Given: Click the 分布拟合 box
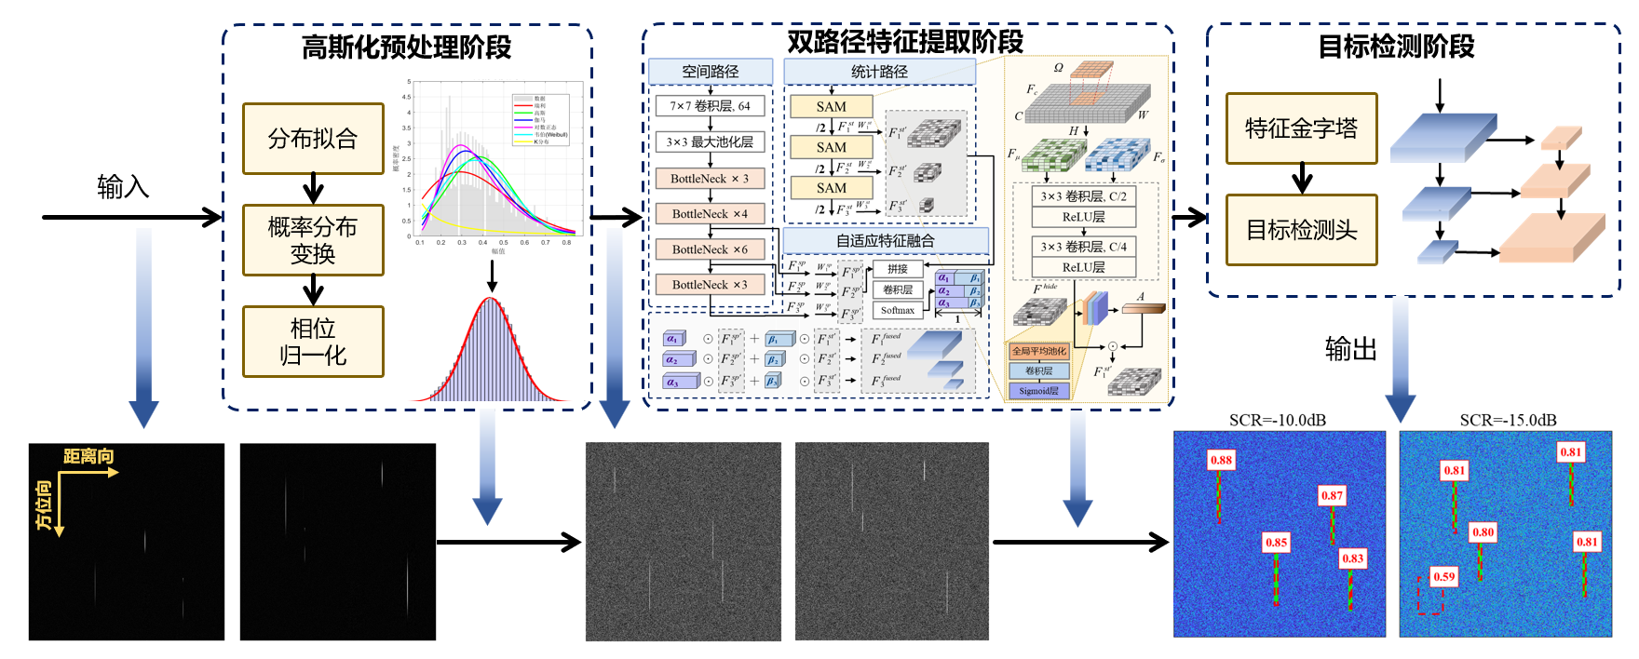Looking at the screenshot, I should (313, 139).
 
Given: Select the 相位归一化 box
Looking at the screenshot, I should (313, 342).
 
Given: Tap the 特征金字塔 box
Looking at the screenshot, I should (1301, 128).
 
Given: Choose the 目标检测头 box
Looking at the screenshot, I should (1301, 230).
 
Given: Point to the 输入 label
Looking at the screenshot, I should (123, 187).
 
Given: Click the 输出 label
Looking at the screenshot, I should (1350, 349).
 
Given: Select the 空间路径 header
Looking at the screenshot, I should (711, 72).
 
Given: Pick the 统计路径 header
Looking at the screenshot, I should (879, 72).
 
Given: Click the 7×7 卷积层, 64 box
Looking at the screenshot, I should (710, 106).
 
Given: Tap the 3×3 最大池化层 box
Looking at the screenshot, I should (710, 142).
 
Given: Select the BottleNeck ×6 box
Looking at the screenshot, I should (710, 249).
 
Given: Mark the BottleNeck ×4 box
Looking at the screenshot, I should (710, 214).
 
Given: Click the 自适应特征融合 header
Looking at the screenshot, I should (885, 241).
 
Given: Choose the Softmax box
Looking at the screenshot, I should (898, 311).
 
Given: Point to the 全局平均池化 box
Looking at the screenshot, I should (1039, 351).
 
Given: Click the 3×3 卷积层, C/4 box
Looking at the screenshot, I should (1084, 247).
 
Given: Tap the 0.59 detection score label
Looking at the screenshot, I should (1444, 577).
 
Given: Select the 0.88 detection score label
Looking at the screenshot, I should (1221, 460).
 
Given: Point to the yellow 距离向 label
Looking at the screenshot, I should (88, 456).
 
